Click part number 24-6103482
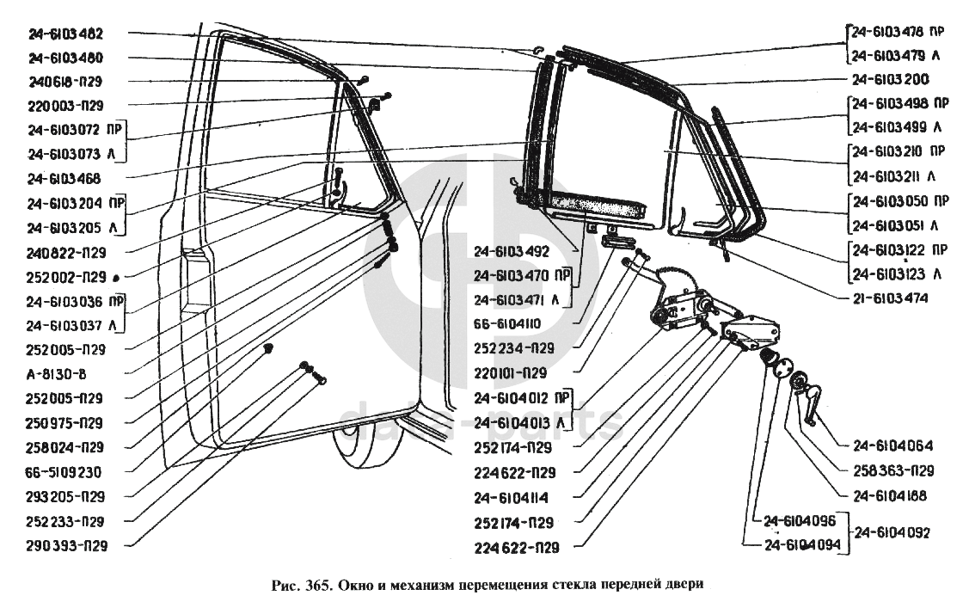pyautogui.click(x=65, y=34)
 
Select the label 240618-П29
pyautogui.click(x=65, y=82)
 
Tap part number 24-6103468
pyautogui.click(x=64, y=179)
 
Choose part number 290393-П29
pyautogui.click(x=65, y=544)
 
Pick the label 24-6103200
pyautogui.click(x=891, y=80)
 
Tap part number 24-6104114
pyautogui.click(x=511, y=497)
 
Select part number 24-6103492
pyautogui.click(x=511, y=252)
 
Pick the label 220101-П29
pyautogui.click(x=511, y=373)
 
